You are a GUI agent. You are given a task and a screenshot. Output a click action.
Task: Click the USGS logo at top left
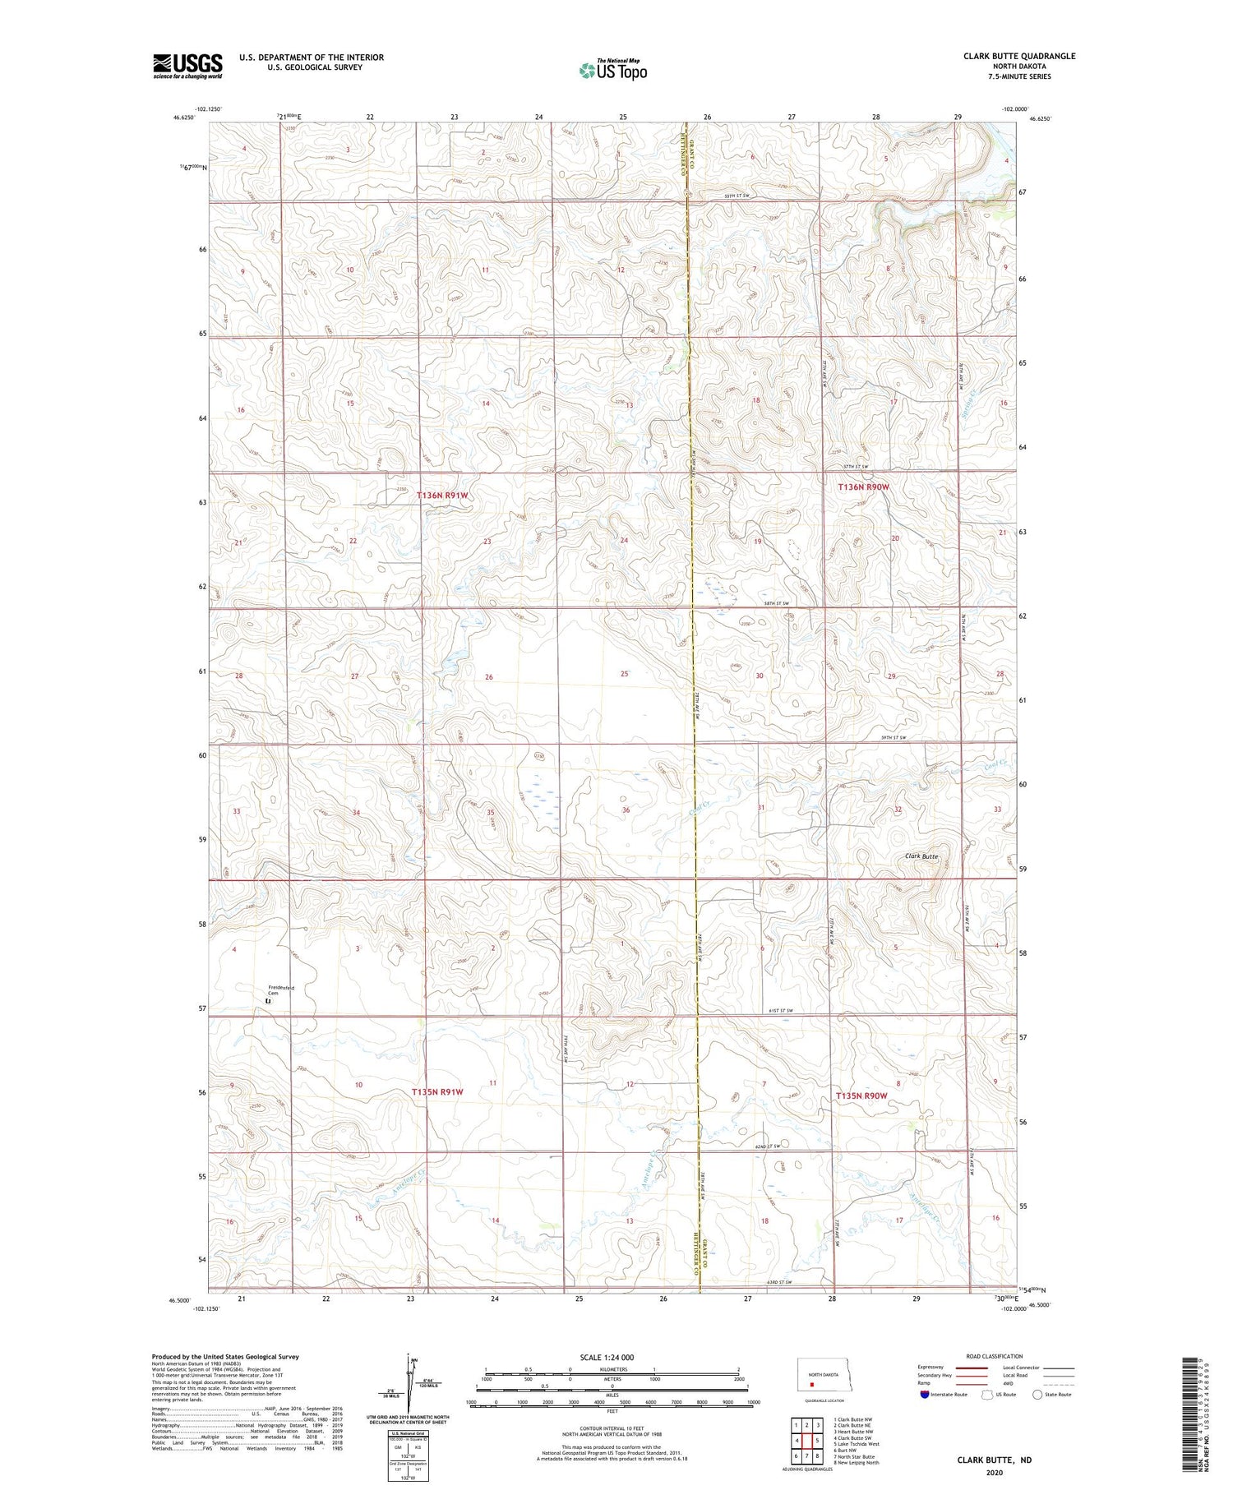(187, 66)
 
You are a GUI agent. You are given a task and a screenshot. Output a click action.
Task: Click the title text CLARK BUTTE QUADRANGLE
(1019, 56)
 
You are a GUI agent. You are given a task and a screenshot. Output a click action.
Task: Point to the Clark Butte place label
(921, 856)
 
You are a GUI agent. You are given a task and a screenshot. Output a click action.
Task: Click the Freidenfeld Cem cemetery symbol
(268, 1002)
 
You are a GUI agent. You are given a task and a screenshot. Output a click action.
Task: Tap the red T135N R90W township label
(861, 1096)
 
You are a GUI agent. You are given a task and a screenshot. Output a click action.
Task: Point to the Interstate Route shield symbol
(925, 1394)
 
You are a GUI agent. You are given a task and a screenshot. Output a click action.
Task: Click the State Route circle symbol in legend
(1037, 1394)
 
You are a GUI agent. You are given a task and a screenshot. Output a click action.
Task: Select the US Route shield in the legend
(987, 1394)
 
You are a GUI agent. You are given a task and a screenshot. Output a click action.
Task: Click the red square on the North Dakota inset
(812, 1383)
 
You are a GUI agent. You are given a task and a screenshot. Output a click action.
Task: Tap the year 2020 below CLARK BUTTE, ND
(993, 1473)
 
